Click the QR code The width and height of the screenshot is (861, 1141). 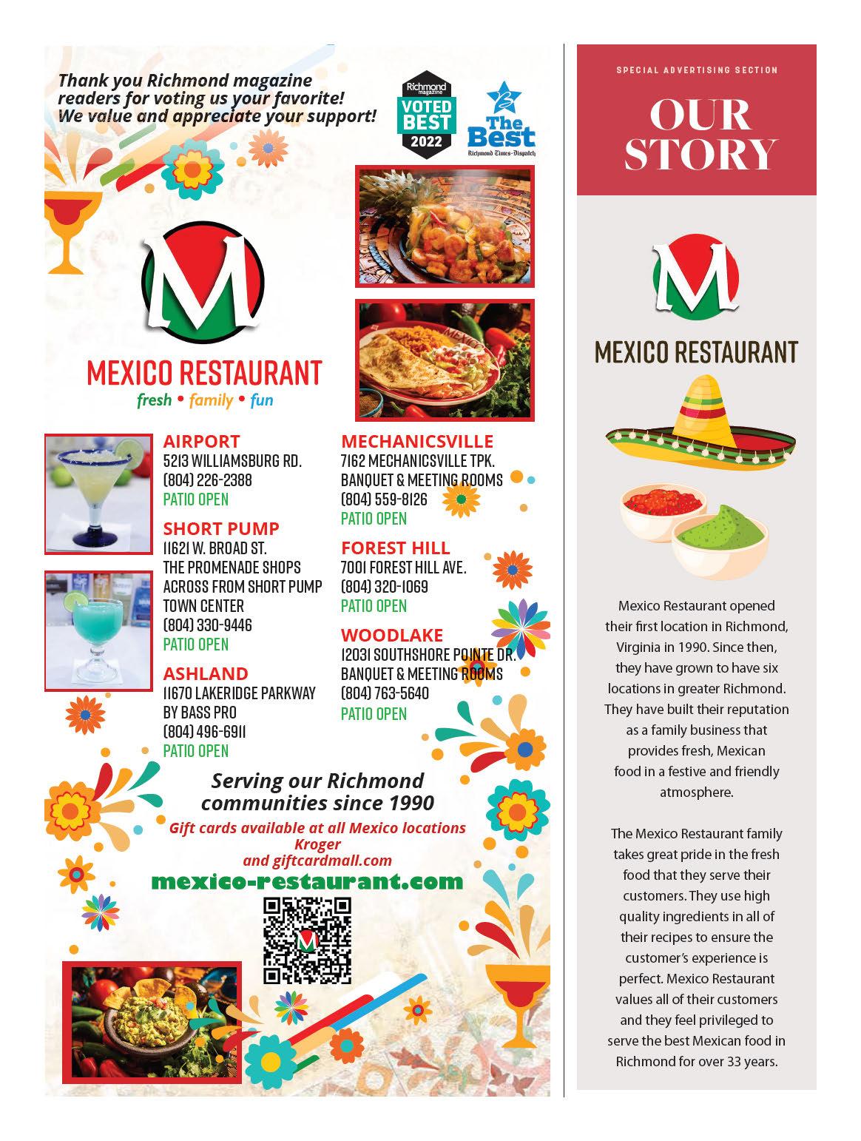[x=307, y=940]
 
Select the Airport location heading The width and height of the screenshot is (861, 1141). [x=201, y=442]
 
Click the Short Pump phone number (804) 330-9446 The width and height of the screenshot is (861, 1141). [x=207, y=625]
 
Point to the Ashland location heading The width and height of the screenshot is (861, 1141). [x=206, y=673]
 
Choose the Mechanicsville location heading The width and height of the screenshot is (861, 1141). [x=416, y=442]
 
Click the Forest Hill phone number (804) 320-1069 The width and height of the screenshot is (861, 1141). [x=384, y=587]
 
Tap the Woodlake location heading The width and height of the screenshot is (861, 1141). [x=392, y=635]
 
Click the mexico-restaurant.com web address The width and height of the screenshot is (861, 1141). [x=307, y=881]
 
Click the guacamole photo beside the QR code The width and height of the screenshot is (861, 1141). [x=152, y=1021]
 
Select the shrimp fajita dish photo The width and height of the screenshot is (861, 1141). [x=445, y=226]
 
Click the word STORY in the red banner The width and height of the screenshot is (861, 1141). [x=699, y=153]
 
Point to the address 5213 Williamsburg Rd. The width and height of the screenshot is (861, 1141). [x=232, y=461]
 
